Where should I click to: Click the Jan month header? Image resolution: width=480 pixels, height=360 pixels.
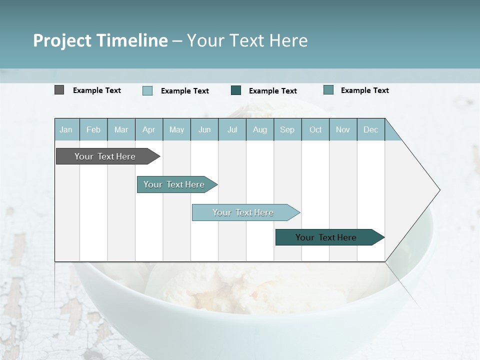point(66,129)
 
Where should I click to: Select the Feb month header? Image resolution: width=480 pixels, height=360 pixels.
point(93,129)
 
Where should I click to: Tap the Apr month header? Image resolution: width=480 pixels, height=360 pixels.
point(148,129)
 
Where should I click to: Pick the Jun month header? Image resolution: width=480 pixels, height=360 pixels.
point(204,129)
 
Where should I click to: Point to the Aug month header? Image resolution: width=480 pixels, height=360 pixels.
point(259,129)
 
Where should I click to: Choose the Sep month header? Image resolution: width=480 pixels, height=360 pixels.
point(287,129)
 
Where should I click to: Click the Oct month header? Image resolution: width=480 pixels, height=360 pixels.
point(315,129)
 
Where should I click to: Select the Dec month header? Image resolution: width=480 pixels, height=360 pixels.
point(370,129)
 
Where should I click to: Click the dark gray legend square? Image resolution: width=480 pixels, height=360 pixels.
point(59,90)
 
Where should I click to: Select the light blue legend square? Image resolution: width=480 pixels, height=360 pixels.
point(147,90)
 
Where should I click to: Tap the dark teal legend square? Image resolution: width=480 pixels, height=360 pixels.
point(236,90)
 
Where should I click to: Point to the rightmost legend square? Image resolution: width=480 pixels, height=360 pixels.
point(328,90)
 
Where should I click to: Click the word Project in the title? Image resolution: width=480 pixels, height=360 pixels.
point(62,40)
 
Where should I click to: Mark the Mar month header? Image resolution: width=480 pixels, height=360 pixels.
point(121,129)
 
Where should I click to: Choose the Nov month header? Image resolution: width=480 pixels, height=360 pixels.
point(342,129)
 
